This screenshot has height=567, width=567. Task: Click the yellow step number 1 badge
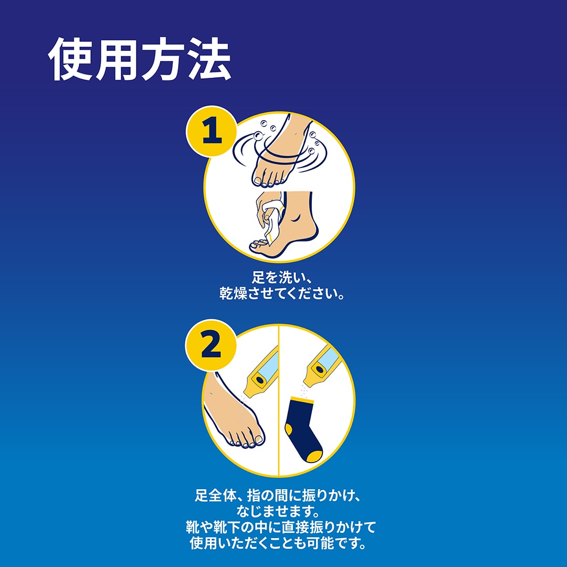(212, 131)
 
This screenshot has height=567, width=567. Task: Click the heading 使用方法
(140, 59)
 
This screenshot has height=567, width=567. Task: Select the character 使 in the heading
(70, 59)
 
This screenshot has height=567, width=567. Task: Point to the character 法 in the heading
(209, 59)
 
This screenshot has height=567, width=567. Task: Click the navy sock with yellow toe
(303, 429)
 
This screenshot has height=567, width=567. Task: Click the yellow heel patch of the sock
(288, 429)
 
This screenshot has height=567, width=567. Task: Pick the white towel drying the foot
(271, 220)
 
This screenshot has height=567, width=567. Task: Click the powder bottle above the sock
(321, 365)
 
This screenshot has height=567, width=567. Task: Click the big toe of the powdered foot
(258, 438)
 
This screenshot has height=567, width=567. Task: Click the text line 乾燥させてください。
(282, 293)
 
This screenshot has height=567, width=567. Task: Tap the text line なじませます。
(278, 511)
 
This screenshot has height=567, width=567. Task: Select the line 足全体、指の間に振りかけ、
(278, 495)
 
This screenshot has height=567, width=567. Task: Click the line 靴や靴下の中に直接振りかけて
(280, 527)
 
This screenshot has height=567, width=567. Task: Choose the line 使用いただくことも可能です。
(278, 543)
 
